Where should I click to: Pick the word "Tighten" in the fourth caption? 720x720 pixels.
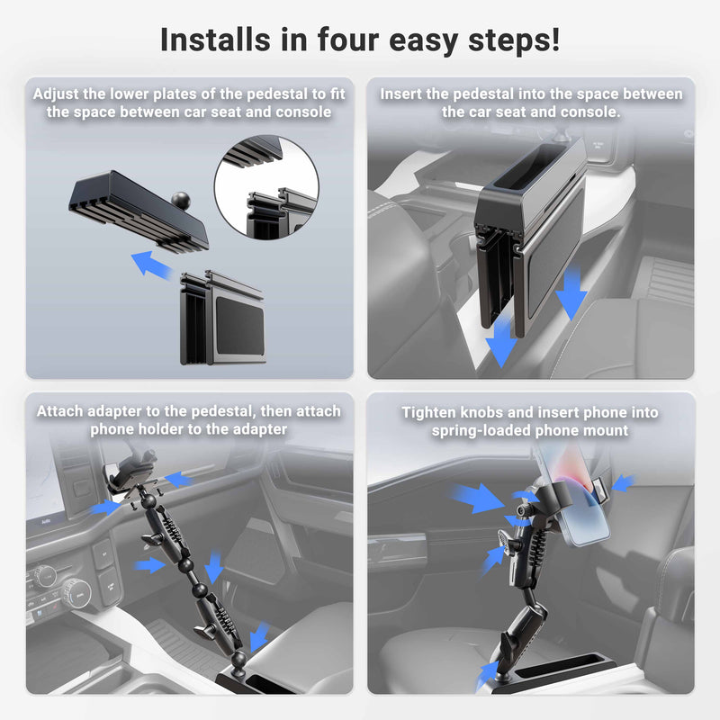[433, 412]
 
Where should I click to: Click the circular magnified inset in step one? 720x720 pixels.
[266, 187]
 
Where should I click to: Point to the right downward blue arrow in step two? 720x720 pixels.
[571, 297]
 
